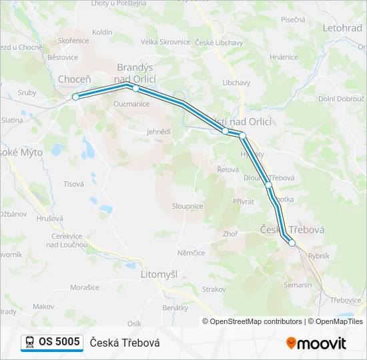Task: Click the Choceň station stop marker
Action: [x=75, y=97]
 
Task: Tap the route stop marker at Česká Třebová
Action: [x=292, y=243]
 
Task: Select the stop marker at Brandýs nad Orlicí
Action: [x=135, y=88]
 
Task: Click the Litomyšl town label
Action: [x=159, y=274]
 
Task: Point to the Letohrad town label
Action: [x=342, y=29]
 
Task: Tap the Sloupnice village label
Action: [x=188, y=207]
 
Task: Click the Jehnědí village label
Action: [x=159, y=132]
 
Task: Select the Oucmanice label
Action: [x=131, y=104]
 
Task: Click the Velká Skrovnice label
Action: [x=165, y=42]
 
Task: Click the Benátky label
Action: [x=175, y=307]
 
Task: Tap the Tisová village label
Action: [x=73, y=183]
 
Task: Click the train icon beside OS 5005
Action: [x=29, y=343]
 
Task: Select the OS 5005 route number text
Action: [x=59, y=342]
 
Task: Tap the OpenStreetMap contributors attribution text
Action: [x=254, y=321]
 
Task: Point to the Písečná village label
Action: [x=293, y=21]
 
